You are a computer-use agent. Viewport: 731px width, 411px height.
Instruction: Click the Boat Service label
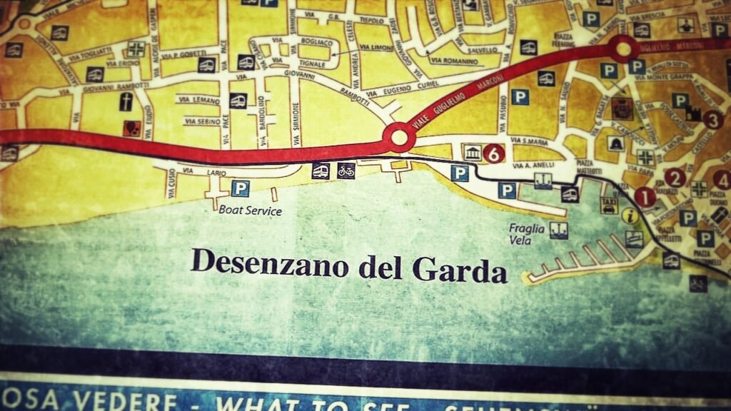click(x=250, y=210)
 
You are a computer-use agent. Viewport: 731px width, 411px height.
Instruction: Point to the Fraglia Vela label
click(x=527, y=234)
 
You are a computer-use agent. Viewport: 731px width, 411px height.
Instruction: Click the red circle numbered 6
click(x=494, y=153)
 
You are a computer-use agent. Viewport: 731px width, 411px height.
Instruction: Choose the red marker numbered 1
click(x=645, y=197)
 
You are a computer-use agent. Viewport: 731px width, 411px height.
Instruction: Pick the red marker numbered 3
click(x=712, y=120)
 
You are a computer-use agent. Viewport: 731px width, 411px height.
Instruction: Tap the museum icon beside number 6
click(x=473, y=153)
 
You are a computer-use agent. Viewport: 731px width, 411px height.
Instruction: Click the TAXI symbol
click(x=609, y=205)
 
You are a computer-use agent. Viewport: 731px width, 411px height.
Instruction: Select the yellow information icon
click(x=629, y=215)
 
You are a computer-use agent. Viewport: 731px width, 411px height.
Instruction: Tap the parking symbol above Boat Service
click(x=241, y=188)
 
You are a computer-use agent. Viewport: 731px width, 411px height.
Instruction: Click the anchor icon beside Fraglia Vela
click(x=558, y=230)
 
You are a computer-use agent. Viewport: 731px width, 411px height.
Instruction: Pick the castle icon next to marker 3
click(x=692, y=113)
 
